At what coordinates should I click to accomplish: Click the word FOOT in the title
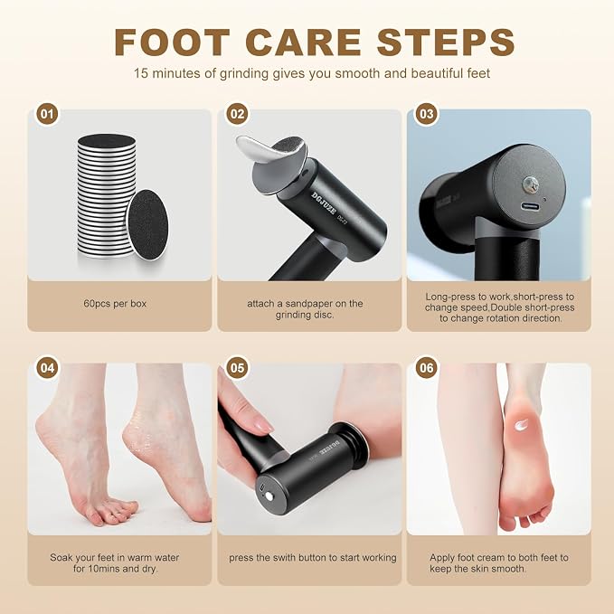tap(172, 43)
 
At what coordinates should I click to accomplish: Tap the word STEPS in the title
tap(445, 43)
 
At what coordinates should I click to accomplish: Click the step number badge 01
tap(47, 114)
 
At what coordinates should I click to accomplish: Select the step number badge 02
tap(237, 114)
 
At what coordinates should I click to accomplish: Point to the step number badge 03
tap(427, 114)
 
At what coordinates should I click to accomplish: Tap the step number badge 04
tap(47, 368)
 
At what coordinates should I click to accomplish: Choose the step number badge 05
tap(237, 368)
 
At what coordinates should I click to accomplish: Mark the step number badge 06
tap(427, 368)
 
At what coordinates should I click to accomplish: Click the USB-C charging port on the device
tap(530, 206)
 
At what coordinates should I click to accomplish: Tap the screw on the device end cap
tap(531, 184)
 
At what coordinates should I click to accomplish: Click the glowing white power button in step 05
tap(269, 496)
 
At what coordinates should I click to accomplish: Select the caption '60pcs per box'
tap(115, 304)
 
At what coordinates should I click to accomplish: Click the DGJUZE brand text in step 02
tap(324, 203)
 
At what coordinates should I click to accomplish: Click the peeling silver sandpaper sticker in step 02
tap(261, 149)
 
